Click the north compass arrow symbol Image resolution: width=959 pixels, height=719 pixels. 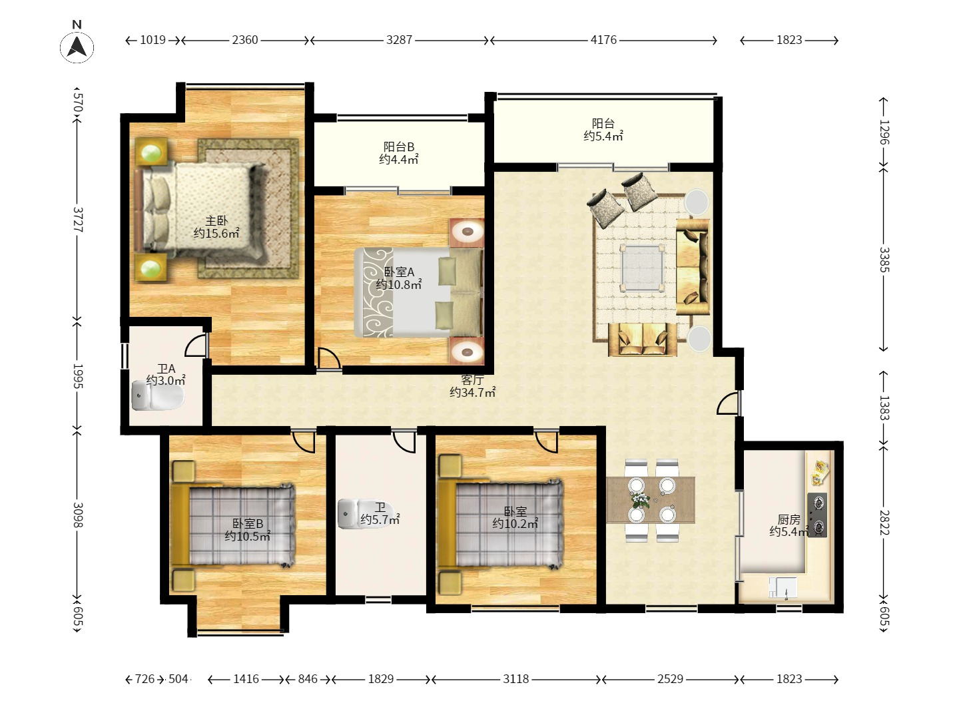(x=77, y=47)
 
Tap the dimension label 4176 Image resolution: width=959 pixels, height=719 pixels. (x=603, y=40)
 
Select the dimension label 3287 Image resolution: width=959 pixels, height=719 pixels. (x=399, y=40)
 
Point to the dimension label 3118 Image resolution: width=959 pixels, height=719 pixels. (x=515, y=679)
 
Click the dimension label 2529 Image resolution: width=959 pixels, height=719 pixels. (x=670, y=679)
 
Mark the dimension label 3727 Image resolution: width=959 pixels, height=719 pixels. (x=78, y=220)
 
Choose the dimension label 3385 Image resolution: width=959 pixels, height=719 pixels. (x=884, y=260)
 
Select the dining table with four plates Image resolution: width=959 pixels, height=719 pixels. (x=651, y=500)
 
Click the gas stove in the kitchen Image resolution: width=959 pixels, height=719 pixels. (x=817, y=515)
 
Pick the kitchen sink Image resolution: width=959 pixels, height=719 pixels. (x=783, y=588)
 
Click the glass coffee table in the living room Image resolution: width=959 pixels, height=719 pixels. (x=643, y=268)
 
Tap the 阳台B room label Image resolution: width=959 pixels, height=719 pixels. (x=399, y=147)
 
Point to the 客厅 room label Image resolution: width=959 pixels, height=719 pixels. (x=472, y=379)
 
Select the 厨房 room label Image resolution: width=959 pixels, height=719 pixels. (x=789, y=519)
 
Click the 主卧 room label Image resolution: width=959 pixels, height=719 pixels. (x=216, y=221)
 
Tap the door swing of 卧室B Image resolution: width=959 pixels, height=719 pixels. (x=304, y=442)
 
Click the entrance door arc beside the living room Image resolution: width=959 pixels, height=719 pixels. (x=728, y=403)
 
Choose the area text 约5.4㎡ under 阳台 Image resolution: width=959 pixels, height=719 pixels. (x=603, y=136)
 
